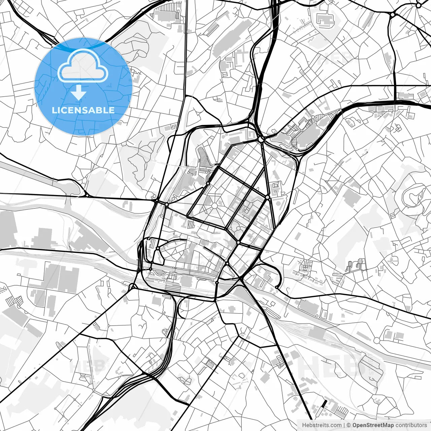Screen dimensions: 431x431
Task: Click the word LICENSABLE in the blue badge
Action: (x=83, y=110)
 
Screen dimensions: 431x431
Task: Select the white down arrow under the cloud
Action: (x=78, y=92)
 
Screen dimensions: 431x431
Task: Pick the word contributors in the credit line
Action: (x=411, y=425)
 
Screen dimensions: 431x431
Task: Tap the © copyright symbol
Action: (x=349, y=425)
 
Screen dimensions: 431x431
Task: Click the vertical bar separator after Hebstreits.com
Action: (x=344, y=425)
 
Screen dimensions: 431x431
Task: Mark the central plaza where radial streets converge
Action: (x=214, y=206)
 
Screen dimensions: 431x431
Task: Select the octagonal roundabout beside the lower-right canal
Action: (x=376, y=341)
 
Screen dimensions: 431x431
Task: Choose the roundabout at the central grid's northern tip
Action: (x=261, y=139)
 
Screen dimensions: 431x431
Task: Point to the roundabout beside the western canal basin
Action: (x=87, y=195)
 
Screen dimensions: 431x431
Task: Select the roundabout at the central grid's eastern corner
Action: (x=267, y=197)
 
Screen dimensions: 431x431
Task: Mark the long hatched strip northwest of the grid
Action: (x=204, y=158)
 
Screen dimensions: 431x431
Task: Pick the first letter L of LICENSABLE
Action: (x=54, y=110)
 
